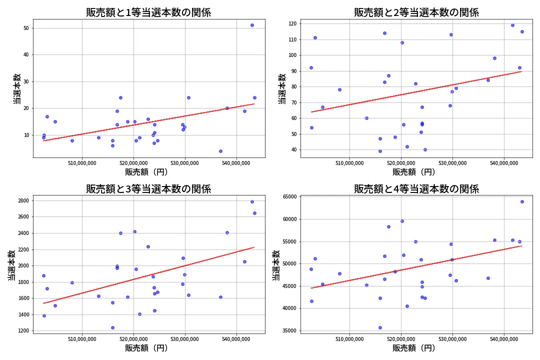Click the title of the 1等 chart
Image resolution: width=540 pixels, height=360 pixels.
pyautogui.click(x=148, y=12)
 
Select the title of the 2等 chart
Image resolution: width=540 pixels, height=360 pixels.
pyautogui.click(x=416, y=12)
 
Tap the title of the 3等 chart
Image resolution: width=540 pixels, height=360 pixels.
pyautogui.click(x=148, y=189)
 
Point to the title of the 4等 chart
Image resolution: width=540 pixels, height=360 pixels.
pyautogui.click(x=416, y=189)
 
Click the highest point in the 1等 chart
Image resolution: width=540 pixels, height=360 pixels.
pyautogui.click(x=252, y=25)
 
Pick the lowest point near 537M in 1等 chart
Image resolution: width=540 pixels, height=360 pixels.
pyautogui.click(x=220, y=151)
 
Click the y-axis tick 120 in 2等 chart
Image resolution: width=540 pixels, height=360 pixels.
pyautogui.click(x=291, y=23)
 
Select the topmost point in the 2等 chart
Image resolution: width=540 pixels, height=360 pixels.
pyautogui.click(x=512, y=25)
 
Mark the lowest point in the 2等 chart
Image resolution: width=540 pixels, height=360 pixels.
pyautogui.click(x=380, y=151)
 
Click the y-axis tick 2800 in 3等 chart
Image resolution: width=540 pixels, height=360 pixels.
pyautogui.click(x=23, y=201)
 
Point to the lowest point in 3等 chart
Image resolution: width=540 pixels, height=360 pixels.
pyautogui.click(x=112, y=327)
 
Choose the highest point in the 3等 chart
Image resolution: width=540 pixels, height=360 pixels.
pyautogui.click(x=252, y=201)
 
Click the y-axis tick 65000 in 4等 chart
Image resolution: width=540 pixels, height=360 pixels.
pyautogui.click(x=289, y=197)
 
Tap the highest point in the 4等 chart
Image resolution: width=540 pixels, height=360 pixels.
pyautogui.click(x=522, y=201)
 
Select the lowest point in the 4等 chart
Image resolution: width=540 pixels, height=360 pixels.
pyautogui.click(x=380, y=327)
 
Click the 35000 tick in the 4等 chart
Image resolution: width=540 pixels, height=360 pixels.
pyautogui.click(x=289, y=330)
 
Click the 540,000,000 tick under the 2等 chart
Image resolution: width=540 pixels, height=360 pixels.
pyautogui.click(x=504, y=163)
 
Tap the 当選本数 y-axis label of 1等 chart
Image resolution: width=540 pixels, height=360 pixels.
pyautogui.click(x=17, y=88)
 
